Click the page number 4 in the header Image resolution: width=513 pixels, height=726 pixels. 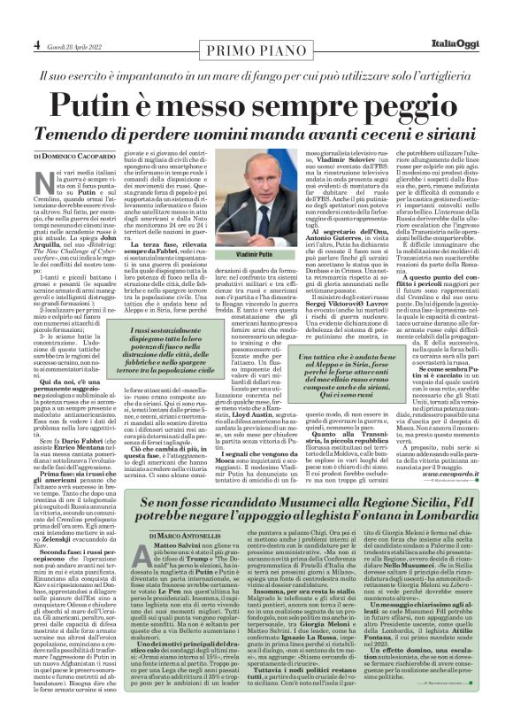point(38,43)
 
